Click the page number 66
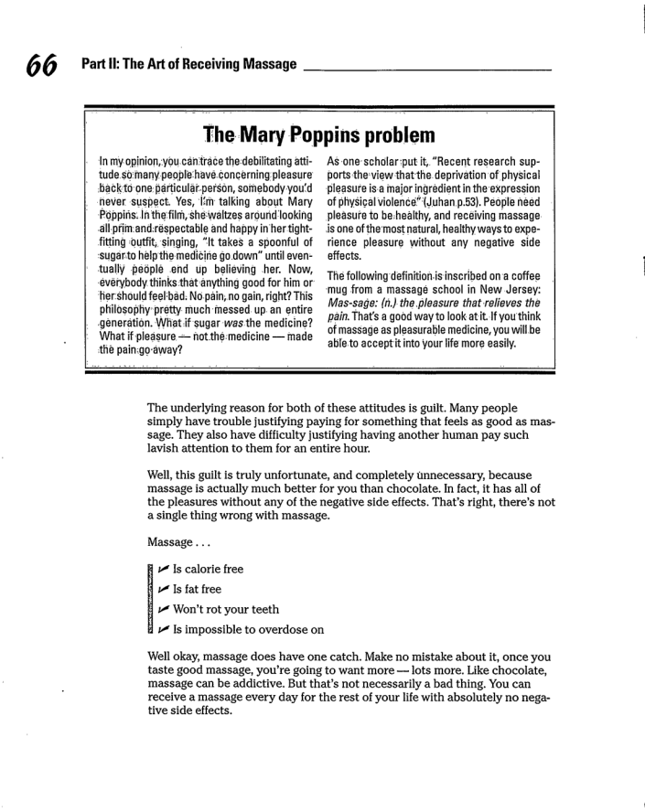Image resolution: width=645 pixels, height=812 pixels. [x=42, y=66]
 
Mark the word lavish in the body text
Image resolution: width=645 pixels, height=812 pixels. [x=167, y=449]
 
